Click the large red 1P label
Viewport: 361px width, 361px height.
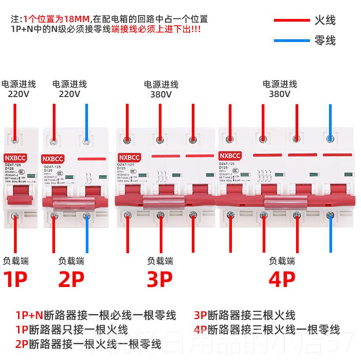click(x=16, y=279)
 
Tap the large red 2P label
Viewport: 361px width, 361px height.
click(x=71, y=279)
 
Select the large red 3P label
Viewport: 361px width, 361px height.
click(x=160, y=279)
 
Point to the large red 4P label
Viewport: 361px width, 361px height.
click(x=282, y=279)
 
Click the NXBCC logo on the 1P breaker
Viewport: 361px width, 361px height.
click(x=16, y=158)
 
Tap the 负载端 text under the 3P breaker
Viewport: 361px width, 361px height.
click(x=160, y=260)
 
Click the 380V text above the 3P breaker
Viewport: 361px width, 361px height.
click(x=161, y=95)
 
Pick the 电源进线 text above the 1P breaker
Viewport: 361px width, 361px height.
click(x=19, y=84)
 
